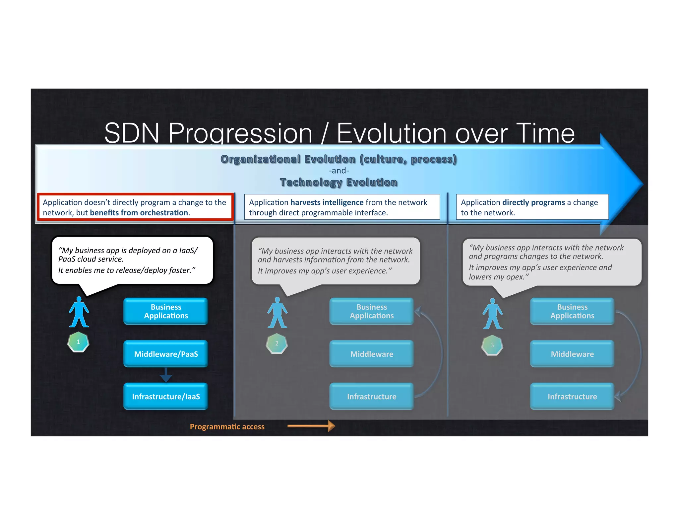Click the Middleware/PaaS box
click(166, 354)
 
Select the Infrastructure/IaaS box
click(166, 396)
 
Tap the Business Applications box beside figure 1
click(166, 311)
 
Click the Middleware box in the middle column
click(371, 354)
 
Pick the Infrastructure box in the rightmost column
click(572, 396)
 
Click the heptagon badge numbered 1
click(78, 342)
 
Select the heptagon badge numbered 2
click(277, 344)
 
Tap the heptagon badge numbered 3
click(492, 345)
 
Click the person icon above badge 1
click(79, 312)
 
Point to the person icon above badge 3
click(492, 314)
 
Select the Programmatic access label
click(227, 427)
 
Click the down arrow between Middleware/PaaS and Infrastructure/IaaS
click(166, 375)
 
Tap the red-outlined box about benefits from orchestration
click(135, 207)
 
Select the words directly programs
click(533, 202)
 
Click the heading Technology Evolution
click(339, 182)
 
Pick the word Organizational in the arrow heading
click(260, 159)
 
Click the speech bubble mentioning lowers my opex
click(552, 262)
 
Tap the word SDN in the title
click(132, 133)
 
